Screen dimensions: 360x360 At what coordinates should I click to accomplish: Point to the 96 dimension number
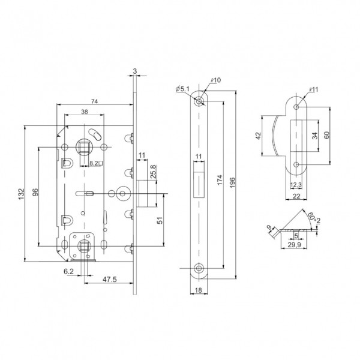click(34, 192)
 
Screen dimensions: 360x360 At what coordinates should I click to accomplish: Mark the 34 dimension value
click(315, 136)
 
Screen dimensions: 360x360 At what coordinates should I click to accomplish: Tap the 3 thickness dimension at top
click(135, 71)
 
